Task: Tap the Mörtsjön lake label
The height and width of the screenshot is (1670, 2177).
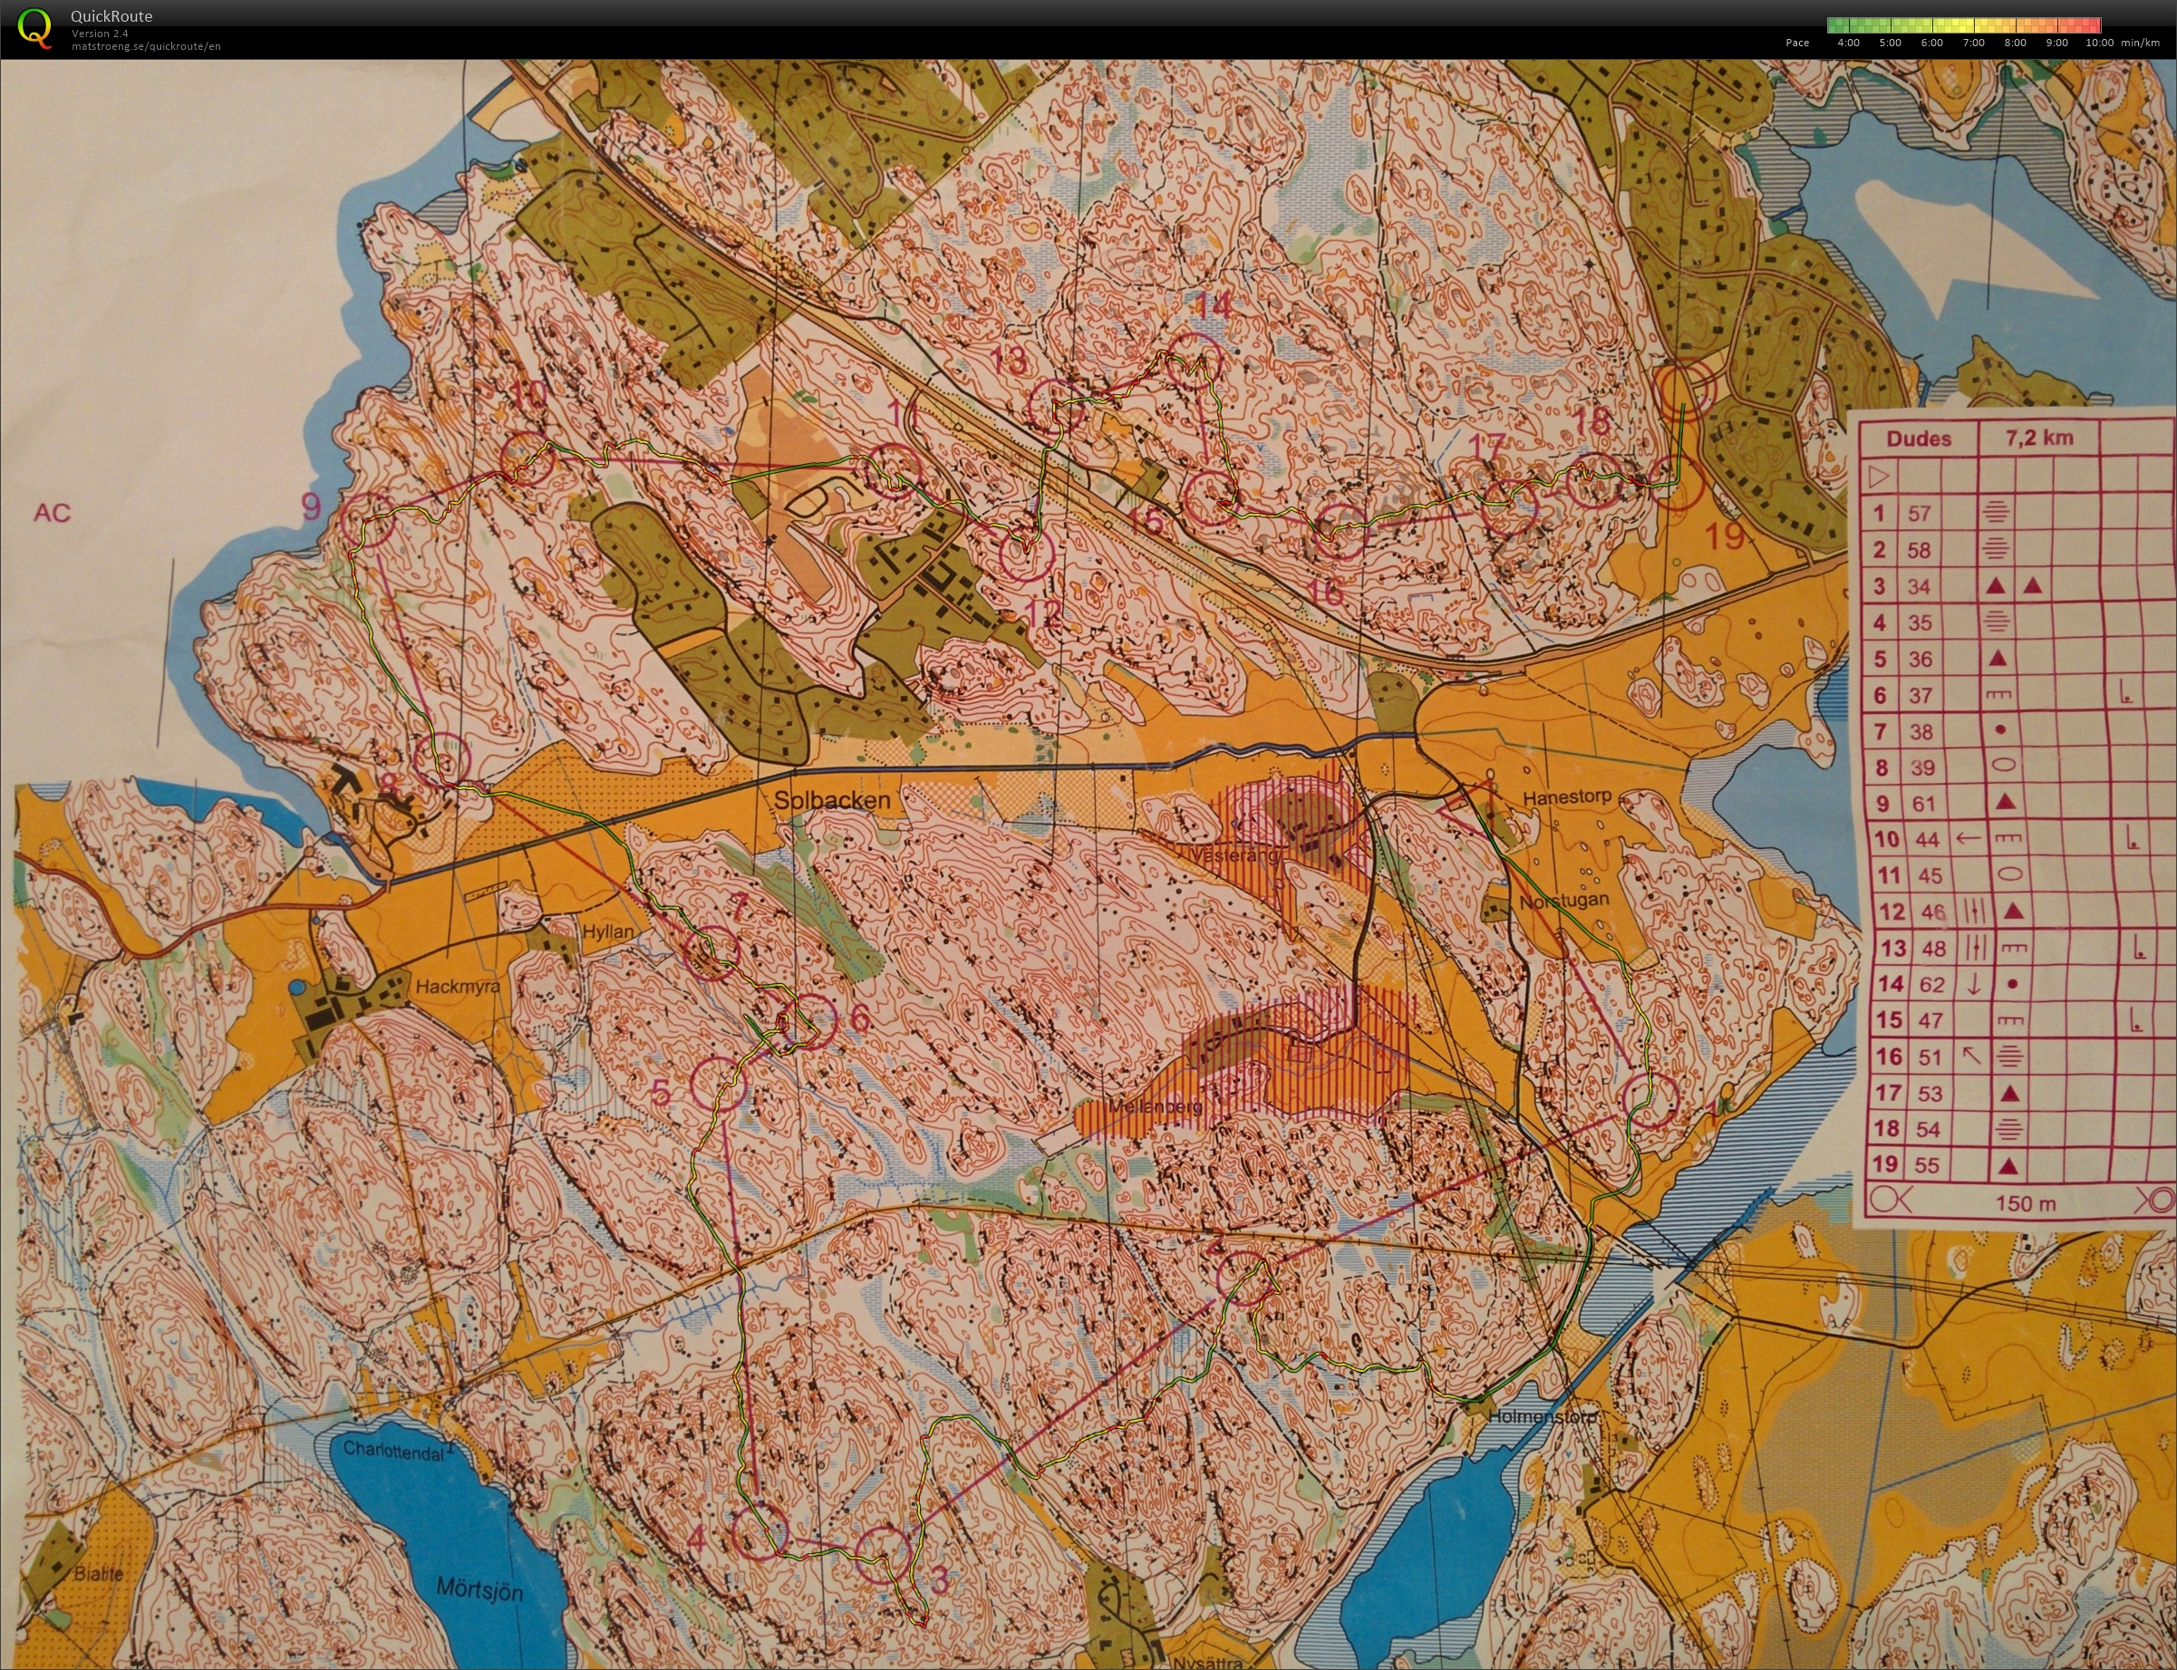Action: [x=479, y=1588]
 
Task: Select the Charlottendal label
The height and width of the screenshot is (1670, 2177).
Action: [x=393, y=1451]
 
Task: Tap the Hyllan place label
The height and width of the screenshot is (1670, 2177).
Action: [x=607, y=932]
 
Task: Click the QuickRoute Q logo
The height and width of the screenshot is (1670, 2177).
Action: [x=34, y=28]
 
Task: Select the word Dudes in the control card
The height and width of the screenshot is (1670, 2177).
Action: [x=1918, y=439]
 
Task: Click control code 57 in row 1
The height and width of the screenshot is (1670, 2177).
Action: [x=1919, y=514]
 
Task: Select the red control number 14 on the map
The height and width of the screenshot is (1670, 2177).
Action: [x=1212, y=305]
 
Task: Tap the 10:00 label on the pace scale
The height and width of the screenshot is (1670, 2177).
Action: [x=2098, y=43]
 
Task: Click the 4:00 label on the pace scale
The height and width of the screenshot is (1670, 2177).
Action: [x=1847, y=43]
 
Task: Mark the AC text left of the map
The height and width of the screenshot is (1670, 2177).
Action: [x=52, y=513]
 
